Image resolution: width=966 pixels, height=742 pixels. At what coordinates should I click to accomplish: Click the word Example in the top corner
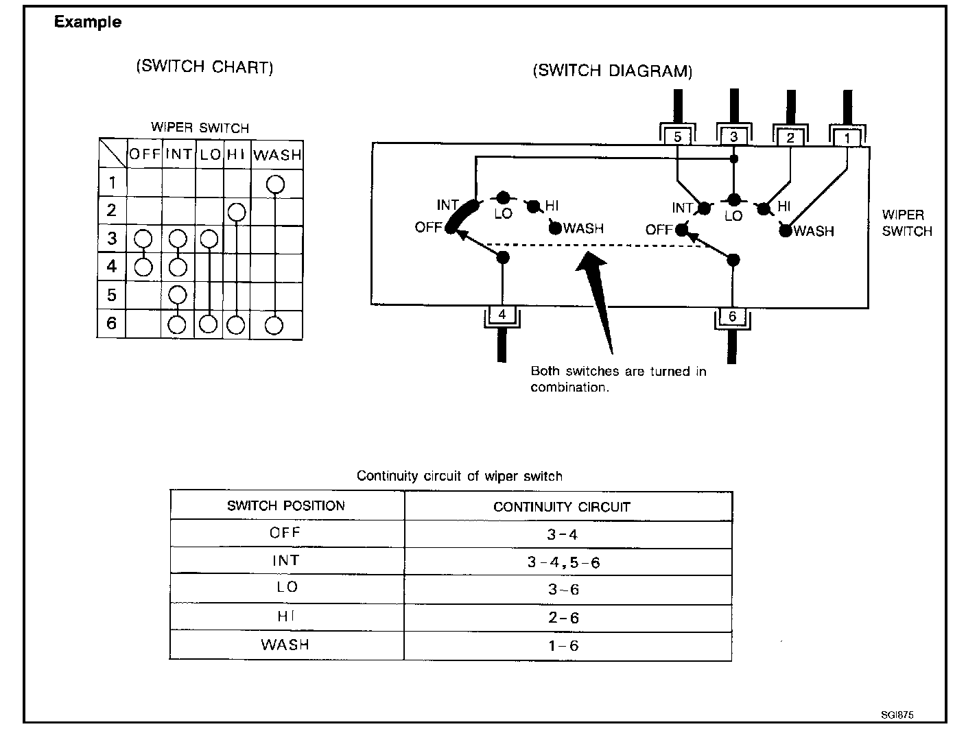(87, 22)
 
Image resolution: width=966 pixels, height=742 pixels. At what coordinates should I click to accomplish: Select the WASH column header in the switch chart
(277, 155)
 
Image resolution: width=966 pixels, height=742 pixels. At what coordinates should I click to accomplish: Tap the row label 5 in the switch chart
(112, 296)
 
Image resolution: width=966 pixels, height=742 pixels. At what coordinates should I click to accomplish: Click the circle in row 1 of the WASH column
(275, 184)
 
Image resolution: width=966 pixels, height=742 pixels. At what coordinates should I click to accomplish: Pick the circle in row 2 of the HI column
(236, 212)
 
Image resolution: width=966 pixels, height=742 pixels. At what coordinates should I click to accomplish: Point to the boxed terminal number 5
(677, 137)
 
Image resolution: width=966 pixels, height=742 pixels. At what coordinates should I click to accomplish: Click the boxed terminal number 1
(847, 139)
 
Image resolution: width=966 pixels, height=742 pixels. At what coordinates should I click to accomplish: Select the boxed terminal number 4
(502, 315)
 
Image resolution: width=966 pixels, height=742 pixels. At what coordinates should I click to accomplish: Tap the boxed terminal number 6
(732, 316)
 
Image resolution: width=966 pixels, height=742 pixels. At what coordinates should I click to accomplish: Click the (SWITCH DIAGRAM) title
(612, 71)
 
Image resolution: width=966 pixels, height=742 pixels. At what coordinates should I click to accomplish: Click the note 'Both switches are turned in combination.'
(617, 379)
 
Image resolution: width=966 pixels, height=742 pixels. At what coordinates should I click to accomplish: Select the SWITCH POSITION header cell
(286, 506)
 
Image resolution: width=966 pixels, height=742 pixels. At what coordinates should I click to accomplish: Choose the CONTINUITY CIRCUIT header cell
(561, 507)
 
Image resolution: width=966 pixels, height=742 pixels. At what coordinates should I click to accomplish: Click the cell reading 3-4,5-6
(563, 562)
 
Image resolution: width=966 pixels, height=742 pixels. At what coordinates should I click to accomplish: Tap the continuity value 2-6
(563, 618)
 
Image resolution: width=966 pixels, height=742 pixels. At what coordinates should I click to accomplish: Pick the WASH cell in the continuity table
(285, 645)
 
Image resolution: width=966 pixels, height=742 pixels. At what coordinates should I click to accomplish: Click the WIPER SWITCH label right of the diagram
(906, 223)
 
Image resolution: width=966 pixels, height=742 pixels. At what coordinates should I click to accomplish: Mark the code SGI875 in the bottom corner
(897, 715)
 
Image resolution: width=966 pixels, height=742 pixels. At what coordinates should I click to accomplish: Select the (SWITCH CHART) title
(204, 67)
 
